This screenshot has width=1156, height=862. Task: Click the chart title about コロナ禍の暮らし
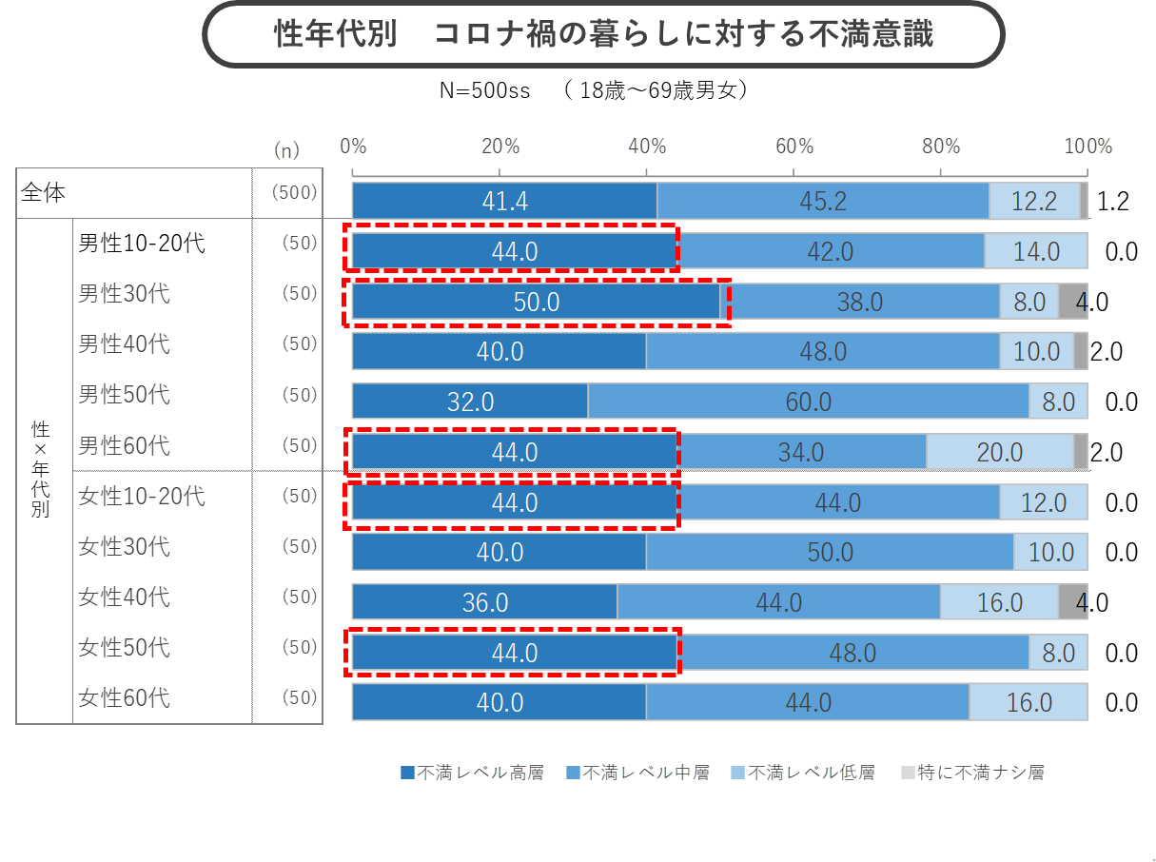[x=603, y=34]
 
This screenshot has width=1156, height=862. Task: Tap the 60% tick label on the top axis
[x=794, y=147]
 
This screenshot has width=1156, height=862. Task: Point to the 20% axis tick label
[x=500, y=147]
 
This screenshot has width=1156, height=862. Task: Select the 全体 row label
[x=44, y=192]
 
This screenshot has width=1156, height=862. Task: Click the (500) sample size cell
[x=293, y=192]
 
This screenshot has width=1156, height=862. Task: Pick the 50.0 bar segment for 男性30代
[x=537, y=302]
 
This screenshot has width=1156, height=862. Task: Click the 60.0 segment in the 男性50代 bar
[x=808, y=402]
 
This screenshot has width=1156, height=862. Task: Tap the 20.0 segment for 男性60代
[x=999, y=452]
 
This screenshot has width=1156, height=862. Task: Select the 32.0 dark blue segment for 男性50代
[x=470, y=402]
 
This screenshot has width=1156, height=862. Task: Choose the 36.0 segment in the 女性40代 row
[x=484, y=602]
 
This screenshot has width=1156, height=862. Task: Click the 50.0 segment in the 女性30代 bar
[x=830, y=552]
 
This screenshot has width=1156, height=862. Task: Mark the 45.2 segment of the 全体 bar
[x=823, y=201]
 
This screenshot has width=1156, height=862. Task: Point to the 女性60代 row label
[x=124, y=697]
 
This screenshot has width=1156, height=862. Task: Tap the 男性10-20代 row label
[x=141, y=244]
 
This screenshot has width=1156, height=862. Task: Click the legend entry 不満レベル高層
[x=472, y=773]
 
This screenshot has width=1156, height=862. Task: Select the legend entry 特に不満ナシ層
[x=971, y=773]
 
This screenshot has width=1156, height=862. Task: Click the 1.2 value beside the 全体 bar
[x=1112, y=202]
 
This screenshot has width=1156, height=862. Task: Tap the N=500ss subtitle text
[x=484, y=91]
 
